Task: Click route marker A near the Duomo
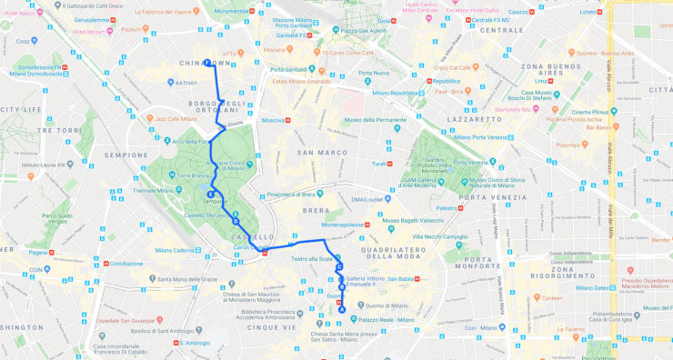342,309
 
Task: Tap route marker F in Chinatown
207,63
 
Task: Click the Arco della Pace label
191,141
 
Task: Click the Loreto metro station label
588,12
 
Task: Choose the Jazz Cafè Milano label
179,118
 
